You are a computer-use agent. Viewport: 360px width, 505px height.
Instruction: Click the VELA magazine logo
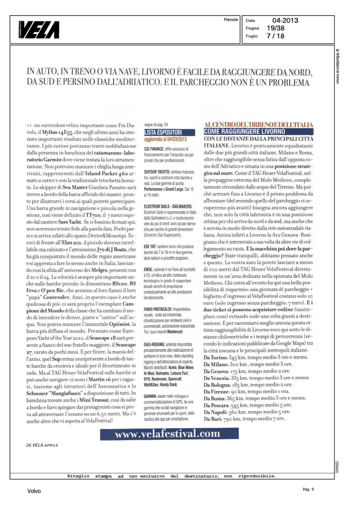(x=39, y=30)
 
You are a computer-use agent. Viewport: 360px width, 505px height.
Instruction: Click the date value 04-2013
(x=285, y=21)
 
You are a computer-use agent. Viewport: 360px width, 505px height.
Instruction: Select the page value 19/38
(x=275, y=28)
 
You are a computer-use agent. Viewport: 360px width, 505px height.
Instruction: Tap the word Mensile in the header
(x=231, y=20)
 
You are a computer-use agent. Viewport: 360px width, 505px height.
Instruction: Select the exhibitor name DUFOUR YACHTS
(x=157, y=172)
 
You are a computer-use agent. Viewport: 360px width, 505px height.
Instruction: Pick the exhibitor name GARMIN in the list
(x=150, y=396)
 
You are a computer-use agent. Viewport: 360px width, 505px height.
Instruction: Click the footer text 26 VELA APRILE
(x=42, y=445)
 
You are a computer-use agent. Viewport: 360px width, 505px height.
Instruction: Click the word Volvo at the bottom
(x=34, y=491)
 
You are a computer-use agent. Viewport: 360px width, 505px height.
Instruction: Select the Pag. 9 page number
(x=308, y=489)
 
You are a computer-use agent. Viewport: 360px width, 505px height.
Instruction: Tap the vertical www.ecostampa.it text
(x=338, y=66)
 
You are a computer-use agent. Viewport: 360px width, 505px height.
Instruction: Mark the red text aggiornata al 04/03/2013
(x=165, y=139)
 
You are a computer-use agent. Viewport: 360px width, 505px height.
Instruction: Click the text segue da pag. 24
(x=156, y=125)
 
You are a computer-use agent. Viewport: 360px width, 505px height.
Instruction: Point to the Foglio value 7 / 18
(x=275, y=36)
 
